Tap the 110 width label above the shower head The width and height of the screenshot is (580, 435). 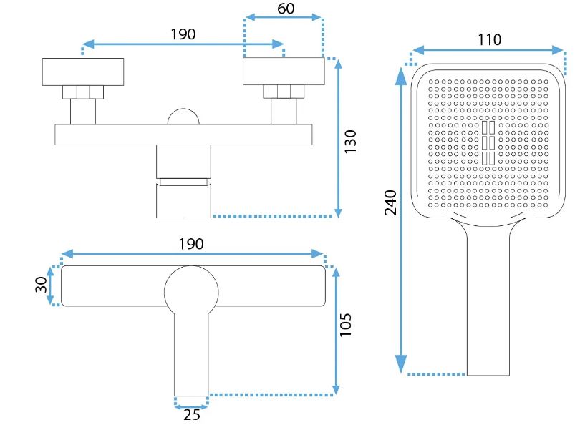[490, 39]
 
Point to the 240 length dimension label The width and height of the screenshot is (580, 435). [391, 202]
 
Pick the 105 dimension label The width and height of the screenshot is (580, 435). [346, 326]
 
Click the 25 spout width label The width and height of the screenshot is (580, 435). [191, 416]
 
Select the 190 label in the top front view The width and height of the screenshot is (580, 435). [183, 34]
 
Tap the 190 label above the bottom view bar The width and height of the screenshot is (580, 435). [191, 243]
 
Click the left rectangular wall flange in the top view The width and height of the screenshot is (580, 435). [83, 71]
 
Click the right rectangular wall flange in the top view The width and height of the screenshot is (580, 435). [284, 71]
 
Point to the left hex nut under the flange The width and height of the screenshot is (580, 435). [83, 92]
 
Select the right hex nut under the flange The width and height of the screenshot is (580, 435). [284, 92]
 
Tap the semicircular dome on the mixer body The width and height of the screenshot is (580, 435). [184, 117]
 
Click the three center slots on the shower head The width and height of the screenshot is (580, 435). [489, 143]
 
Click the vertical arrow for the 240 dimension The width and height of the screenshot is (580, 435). [401, 215]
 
